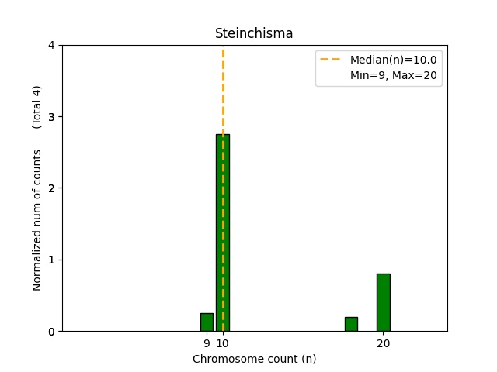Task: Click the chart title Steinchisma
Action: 254,33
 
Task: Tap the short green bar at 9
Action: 207,322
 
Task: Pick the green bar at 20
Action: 383,302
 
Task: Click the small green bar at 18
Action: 351,324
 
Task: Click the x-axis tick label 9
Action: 207,343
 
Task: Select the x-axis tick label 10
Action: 223,343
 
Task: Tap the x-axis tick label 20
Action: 383,343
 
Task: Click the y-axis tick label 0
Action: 52,332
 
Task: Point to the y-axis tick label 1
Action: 52,260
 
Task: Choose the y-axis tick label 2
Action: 52,188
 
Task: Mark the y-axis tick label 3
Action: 52,117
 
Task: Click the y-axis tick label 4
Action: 52,46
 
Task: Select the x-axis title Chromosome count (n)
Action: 254,359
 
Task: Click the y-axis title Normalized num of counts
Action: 37,221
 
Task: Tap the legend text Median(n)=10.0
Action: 393,60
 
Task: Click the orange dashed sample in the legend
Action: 332,60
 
